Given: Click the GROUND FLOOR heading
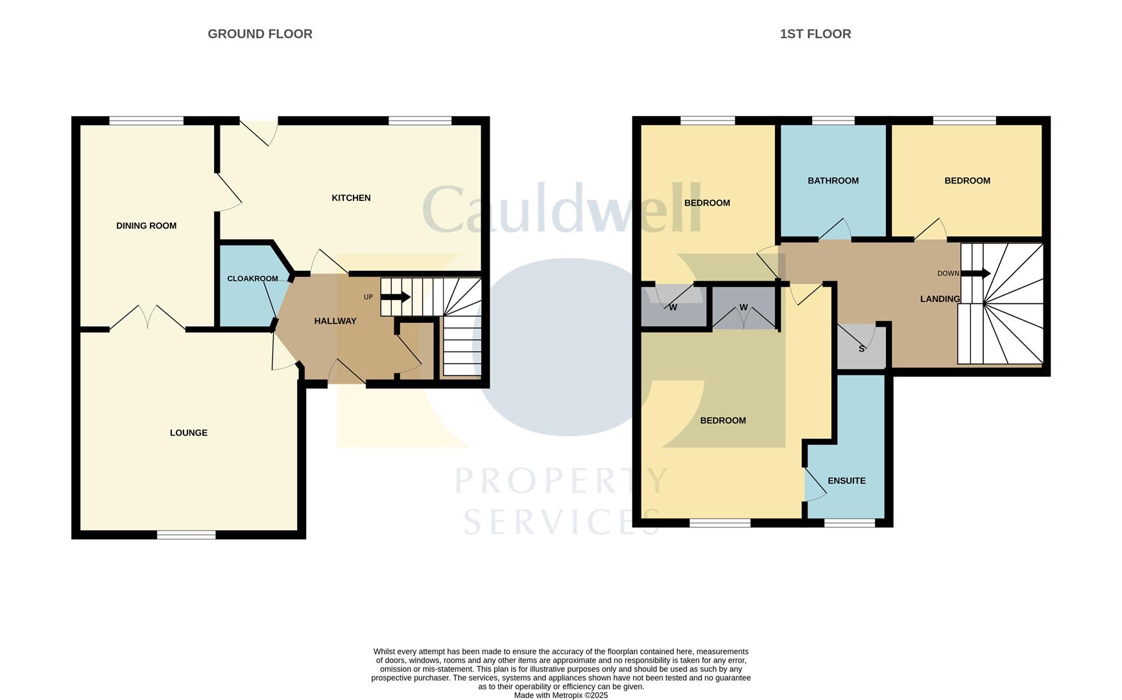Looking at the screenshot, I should coord(259,34).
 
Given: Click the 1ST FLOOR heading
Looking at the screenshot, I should coord(815,34).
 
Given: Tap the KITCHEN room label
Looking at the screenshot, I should coord(351,198).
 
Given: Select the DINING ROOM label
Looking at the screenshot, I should coord(146,226).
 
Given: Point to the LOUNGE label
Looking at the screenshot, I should coord(188,432).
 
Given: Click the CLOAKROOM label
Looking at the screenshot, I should coord(252,279).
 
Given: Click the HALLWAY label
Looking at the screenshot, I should coord(335,321).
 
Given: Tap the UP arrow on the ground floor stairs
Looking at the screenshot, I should coord(395,297).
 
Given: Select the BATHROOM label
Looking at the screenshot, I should coord(833,181).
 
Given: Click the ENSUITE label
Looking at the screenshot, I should coord(846,480).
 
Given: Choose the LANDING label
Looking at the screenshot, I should coord(940,299).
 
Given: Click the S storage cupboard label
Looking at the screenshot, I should coord(861,349).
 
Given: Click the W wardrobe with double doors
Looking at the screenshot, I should coord(744,308).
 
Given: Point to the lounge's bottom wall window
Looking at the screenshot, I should coord(186,535).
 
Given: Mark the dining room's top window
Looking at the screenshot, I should coord(147,121).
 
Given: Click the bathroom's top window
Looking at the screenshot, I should coord(833,121).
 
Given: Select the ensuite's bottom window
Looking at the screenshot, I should coord(849,522).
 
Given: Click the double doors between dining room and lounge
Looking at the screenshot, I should coord(148,318).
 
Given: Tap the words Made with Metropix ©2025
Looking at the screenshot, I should coord(560,695).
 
